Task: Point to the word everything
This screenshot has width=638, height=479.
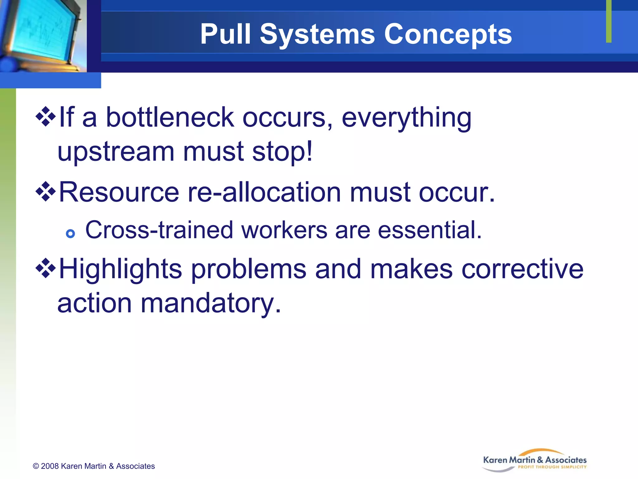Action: [x=406, y=118]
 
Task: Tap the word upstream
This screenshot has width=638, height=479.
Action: [x=116, y=152]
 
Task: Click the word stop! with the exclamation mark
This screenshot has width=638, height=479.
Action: [x=282, y=152]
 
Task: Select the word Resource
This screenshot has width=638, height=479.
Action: [x=119, y=192]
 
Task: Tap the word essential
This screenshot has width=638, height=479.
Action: [x=430, y=230]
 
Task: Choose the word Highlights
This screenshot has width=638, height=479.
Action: [x=120, y=269]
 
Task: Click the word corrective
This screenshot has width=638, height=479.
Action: [x=522, y=269]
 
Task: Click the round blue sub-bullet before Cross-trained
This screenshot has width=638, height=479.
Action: [x=71, y=234]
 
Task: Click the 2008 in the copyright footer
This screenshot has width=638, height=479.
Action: [x=50, y=466]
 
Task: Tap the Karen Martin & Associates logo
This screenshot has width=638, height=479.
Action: [x=535, y=461]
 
